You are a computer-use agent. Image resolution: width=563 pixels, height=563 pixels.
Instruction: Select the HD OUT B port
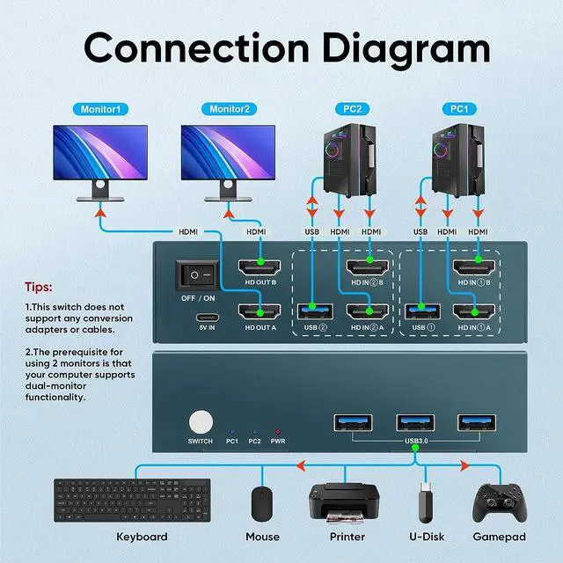260,267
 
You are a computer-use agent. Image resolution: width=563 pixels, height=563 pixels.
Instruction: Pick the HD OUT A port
260,311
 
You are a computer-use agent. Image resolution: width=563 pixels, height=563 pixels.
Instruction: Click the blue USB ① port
421,311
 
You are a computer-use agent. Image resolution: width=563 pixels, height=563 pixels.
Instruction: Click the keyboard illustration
132,500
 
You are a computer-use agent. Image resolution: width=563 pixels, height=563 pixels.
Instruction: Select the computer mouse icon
262,503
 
